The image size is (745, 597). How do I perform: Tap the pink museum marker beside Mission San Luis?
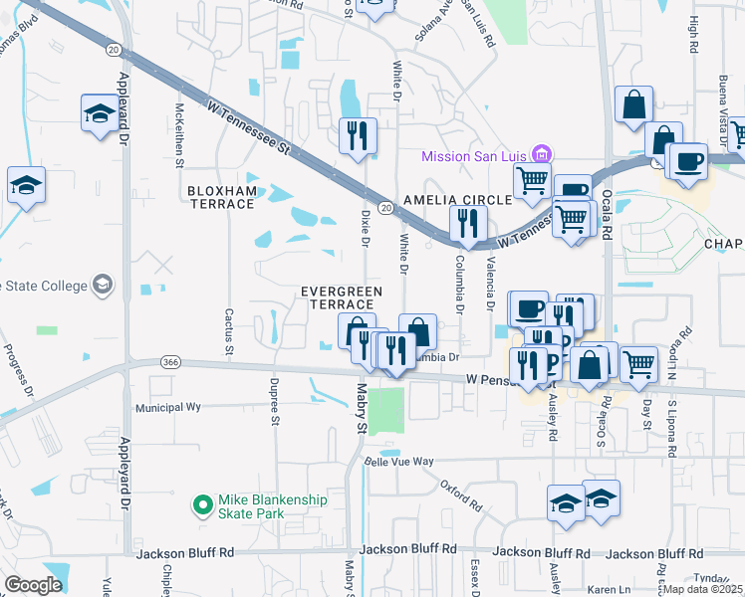pos(542,154)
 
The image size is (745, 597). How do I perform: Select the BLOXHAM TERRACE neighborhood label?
pos(220,197)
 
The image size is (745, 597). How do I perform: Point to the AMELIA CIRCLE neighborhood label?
pos(456,199)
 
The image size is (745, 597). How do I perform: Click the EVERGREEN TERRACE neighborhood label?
pos(342,297)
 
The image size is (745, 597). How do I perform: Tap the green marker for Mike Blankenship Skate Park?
pos(203,505)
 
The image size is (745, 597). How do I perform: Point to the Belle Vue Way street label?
pos(399,461)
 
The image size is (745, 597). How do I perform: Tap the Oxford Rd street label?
pos(461,489)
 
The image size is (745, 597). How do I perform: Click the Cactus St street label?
pos(228,332)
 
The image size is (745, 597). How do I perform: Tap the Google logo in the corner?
pos(33,585)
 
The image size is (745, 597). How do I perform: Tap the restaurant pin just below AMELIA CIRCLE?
pos(467,225)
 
